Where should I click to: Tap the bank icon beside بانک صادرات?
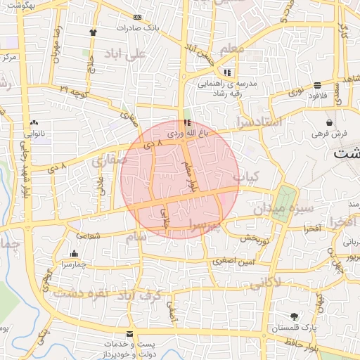pyautogui.click(x=137, y=17)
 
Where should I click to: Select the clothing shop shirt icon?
pyautogui.click(x=94, y=32)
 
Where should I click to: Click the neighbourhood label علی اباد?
pyautogui.click(x=125, y=53)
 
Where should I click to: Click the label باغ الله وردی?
pyautogui.click(x=185, y=131)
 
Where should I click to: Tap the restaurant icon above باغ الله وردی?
pyautogui.click(x=186, y=122)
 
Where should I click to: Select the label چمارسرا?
pyautogui.click(x=73, y=264)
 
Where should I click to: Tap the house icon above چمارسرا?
pyautogui.click(x=74, y=254)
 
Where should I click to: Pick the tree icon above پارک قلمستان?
pyautogui.click(x=294, y=316)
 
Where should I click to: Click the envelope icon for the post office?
pyautogui.click(x=129, y=333)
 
